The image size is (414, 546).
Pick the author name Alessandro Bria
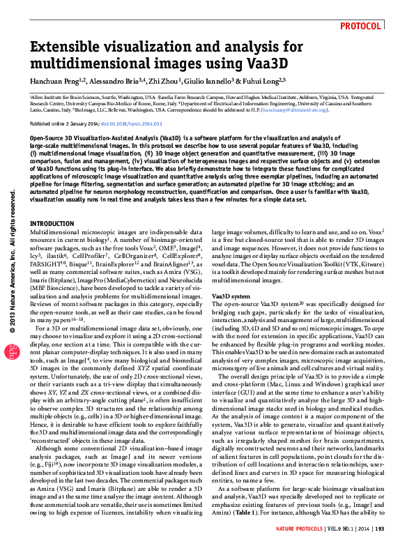[x=118, y=82]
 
